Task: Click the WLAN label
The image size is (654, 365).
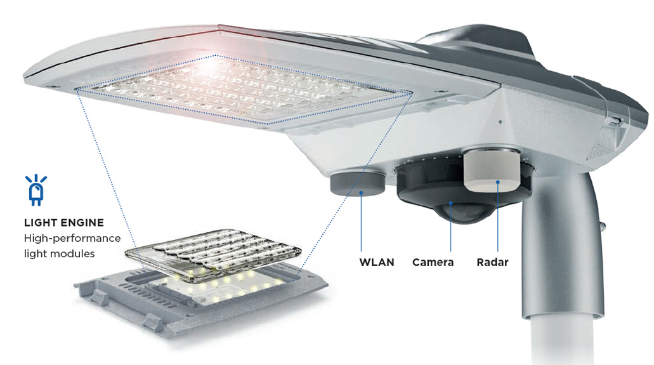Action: [x=377, y=262]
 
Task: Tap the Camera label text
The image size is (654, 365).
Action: [x=433, y=262]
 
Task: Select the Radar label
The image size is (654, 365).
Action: [x=493, y=262]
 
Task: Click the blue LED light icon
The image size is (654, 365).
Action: [x=36, y=190]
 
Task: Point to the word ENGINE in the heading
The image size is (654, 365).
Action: [x=84, y=223]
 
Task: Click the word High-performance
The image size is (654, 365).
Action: [x=72, y=239]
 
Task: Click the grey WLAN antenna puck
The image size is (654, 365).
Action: [x=358, y=182]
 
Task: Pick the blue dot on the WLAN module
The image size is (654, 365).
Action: [x=361, y=192]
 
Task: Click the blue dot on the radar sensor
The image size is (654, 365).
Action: [x=497, y=182]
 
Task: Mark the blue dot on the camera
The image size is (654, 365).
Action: [x=450, y=203]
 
